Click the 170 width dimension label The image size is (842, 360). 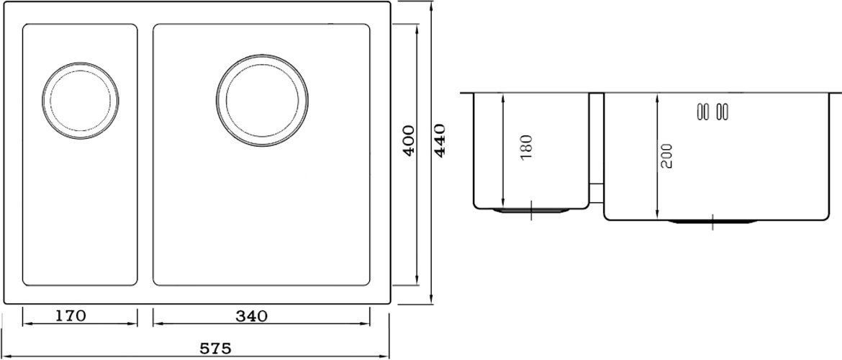tap(71, 316)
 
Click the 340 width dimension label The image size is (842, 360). tap(251, 316)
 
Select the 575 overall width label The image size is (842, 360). tap(215, 348)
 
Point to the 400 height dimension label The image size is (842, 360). tap(409, 141)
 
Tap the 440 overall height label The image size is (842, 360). tap(440, 140)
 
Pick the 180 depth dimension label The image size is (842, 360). tap(526, 146)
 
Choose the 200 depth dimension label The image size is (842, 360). tap(666, 156)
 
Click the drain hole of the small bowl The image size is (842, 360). tap(81, 101)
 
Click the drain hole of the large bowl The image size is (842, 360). tap(262, 101)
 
